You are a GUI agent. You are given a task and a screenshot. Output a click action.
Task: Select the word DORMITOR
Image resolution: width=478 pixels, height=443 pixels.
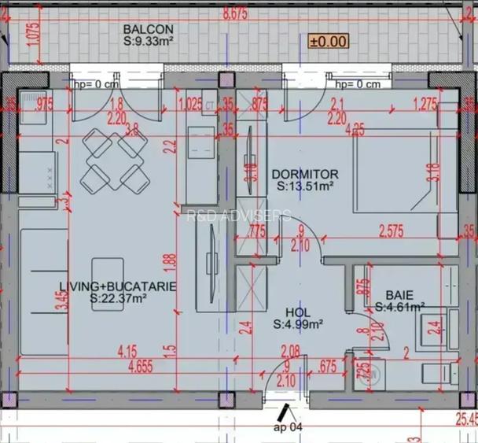(x=304, y=175)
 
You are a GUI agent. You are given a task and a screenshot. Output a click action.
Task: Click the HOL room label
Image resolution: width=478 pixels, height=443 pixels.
(x=293, y=312)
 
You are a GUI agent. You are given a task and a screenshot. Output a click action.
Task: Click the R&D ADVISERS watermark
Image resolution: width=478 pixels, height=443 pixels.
(x=238, y=216)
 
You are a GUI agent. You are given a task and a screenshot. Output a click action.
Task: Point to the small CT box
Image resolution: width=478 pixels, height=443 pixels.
(x=210, y=103)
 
